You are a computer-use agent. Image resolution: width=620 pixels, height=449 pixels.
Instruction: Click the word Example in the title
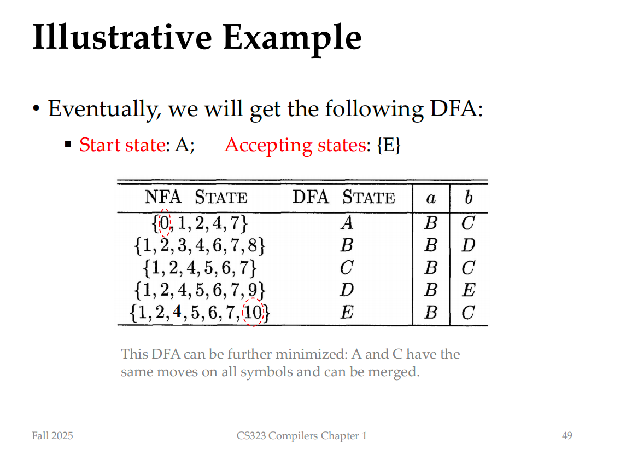292,38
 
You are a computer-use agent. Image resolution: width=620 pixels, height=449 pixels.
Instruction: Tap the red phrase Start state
122,145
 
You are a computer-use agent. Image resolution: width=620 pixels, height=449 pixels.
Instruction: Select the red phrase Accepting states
296,145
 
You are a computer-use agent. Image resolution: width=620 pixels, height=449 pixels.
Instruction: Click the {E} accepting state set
389,145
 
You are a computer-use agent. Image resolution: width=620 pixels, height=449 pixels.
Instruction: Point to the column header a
431,198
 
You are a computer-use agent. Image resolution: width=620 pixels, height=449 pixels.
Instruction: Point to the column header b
469,197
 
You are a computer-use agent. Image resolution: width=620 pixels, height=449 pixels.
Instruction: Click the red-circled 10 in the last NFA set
253,313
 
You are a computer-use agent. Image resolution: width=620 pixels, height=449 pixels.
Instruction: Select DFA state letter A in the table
347,222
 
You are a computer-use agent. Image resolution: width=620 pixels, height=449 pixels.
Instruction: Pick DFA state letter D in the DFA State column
347,290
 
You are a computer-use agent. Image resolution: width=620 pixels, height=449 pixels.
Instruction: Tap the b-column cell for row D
469,290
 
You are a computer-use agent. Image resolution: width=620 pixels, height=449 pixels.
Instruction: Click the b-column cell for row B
469,245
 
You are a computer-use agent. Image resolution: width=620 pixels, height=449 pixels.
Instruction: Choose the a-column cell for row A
431,222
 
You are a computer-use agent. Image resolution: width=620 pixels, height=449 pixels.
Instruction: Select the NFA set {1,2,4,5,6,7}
200,268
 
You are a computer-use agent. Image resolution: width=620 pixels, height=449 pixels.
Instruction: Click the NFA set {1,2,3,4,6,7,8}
200,245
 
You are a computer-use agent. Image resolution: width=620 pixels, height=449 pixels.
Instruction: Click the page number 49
567,435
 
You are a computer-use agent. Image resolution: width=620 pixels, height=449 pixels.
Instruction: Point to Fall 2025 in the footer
52,435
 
